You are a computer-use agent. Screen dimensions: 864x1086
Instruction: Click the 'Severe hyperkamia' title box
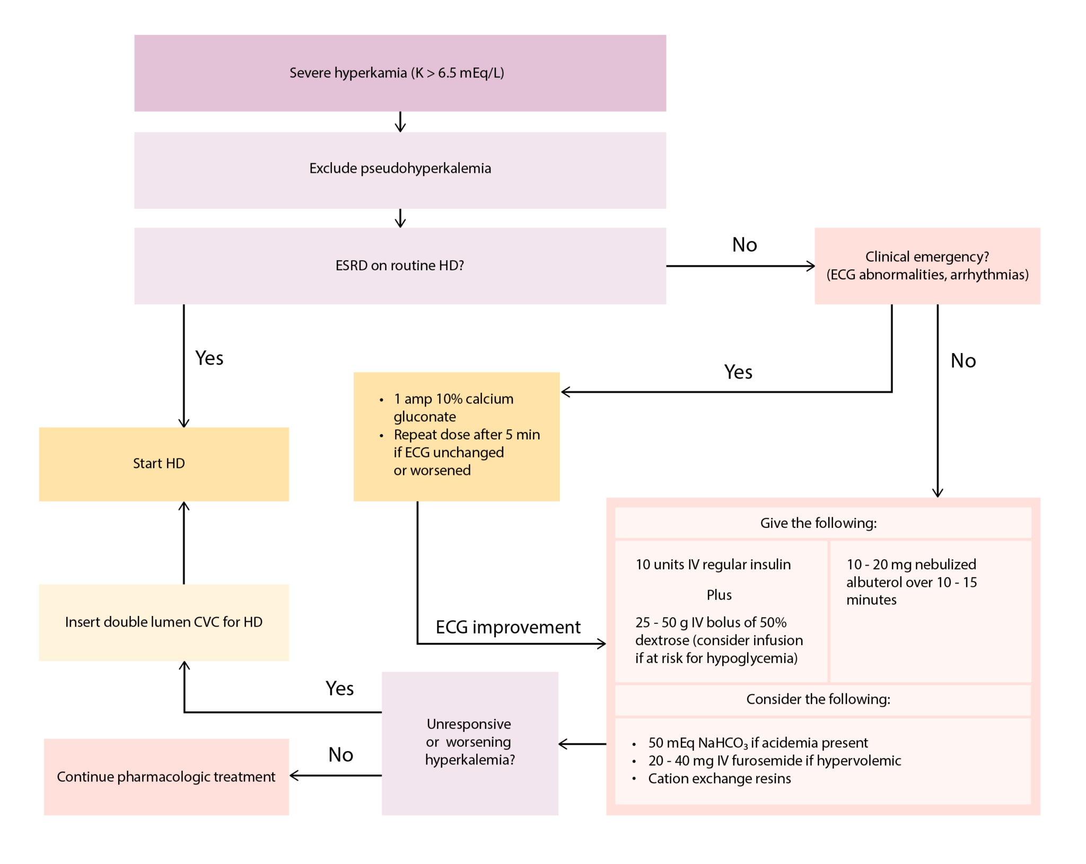[x=400, y=73]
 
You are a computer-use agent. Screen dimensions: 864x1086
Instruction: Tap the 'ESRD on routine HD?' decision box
[x=400, y=266]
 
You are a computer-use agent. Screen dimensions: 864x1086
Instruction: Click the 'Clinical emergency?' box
[x=927, y=266]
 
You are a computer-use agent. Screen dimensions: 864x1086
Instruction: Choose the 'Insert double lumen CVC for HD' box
[x=163, y=622]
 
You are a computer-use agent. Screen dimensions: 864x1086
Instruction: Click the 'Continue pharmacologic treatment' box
[x=166, y=777]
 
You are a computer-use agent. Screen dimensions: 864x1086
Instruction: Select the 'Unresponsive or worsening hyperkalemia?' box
[x=470, y=742]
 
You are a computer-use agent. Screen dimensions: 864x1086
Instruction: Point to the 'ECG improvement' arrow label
[x=508, y=627]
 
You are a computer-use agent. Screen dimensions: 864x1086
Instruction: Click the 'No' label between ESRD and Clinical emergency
[x=745, y=245]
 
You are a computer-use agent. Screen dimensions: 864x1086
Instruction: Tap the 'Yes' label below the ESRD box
[x=209, y=358]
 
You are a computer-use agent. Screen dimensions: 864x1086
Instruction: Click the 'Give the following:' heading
[x=818, y=523]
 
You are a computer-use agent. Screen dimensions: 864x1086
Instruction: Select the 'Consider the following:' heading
[x=818, y=699]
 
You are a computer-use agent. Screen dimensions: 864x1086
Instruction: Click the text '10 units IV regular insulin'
[x=713, y=565]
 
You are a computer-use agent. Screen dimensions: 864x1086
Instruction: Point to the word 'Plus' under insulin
[x=719, y=595]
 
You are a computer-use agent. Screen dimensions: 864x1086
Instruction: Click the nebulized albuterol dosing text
[x=911, y=582]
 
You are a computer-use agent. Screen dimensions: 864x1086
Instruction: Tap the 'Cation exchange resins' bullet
[x=719, y=779]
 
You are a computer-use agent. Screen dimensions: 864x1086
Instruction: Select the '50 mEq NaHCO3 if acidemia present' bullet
[x=758, y=743]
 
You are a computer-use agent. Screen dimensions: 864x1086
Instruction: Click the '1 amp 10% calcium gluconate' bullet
[x=453, y=407]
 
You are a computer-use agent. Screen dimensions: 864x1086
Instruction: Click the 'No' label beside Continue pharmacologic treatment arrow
[x=340, y=755]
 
